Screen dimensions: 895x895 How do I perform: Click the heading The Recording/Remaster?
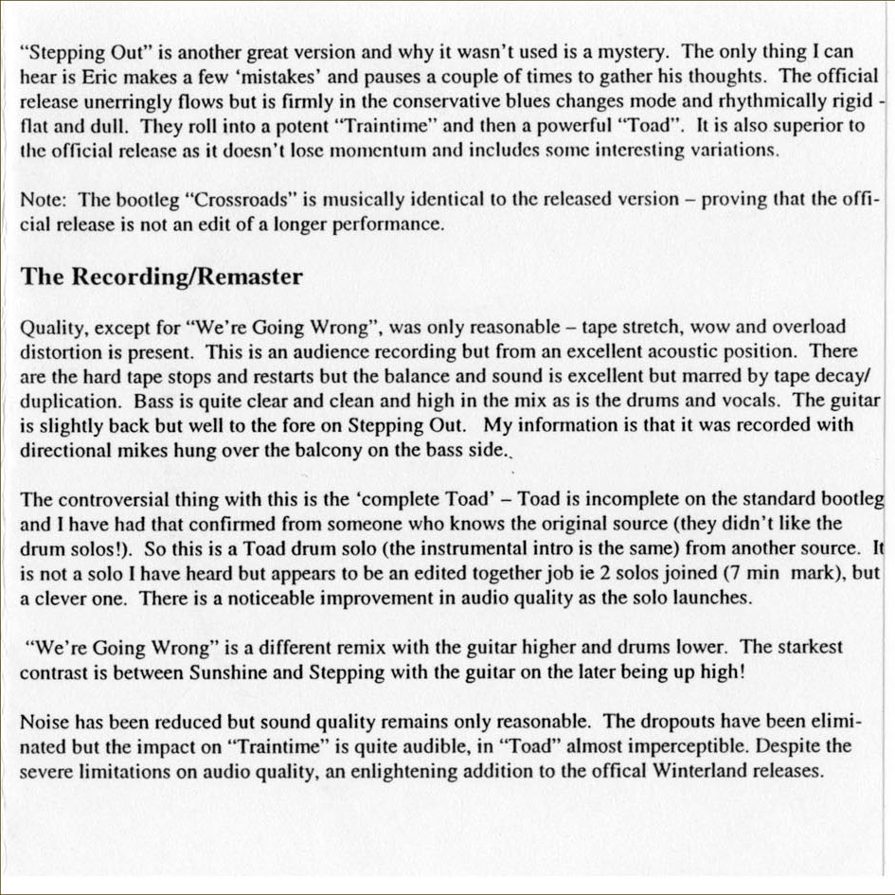click(162, 277)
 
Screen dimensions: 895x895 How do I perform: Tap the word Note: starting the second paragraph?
click(44, 200)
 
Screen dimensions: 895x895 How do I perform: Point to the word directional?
click(61, 451)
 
